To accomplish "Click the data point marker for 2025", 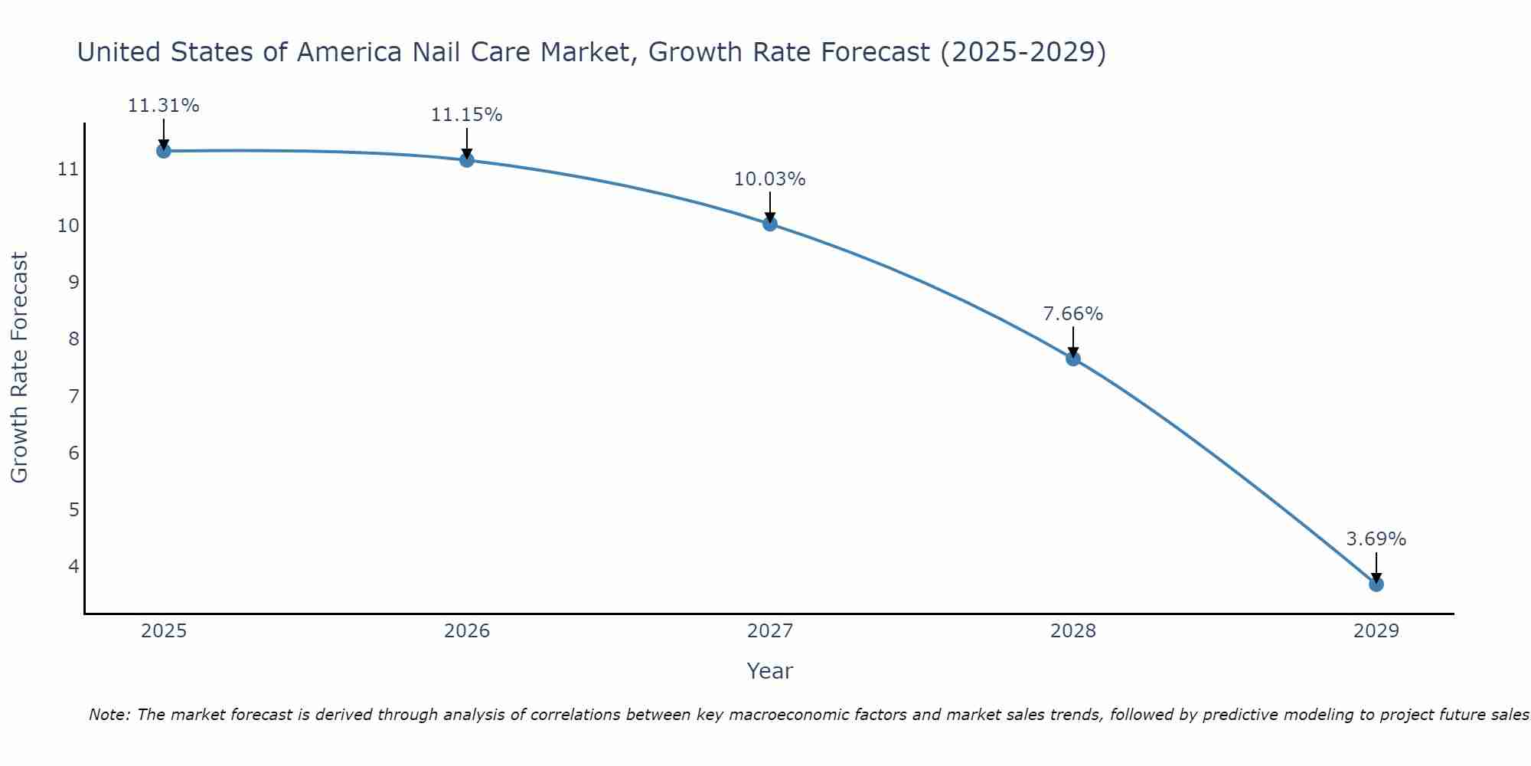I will click(163, 151).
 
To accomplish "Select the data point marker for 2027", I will click(770, 224).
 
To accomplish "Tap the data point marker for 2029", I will click(1376, 584).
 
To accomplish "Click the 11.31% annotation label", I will click(163, 106).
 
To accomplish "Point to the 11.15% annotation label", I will click(466, 115).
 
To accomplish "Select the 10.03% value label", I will click(769, 179).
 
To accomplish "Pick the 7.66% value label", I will click(1072, 314).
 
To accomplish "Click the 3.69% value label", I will click(1376, 539).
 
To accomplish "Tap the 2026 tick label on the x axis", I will click(467, 631).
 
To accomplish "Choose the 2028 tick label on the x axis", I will click(1072, 631).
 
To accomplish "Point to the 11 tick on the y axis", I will click(68, 169).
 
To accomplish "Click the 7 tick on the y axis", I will click(73, 396).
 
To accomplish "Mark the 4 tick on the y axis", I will click(73, 566).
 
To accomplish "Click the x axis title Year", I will click(769, 671).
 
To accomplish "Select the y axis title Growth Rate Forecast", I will click(20, 367).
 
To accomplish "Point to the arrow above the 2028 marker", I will click(1072, 342).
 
